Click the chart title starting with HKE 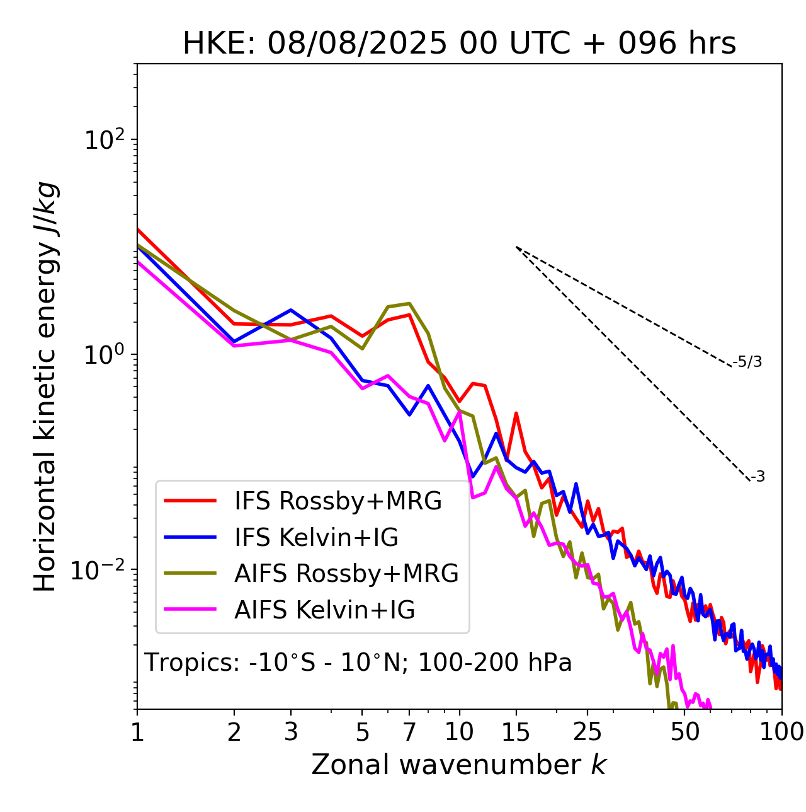(459, 43)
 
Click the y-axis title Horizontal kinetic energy (46, 386)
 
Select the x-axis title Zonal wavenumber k (458, 764)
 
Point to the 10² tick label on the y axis (102, 139)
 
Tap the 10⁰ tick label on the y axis (102, 354)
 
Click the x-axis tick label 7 (409, 731)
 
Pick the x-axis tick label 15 (516, 731)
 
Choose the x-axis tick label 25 (587, 731)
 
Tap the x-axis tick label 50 (684, 731)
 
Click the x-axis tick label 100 (781, 731)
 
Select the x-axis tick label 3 (291, 731)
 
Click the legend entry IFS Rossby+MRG (338, 501)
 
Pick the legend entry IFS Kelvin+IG (316, 537)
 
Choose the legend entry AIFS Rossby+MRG (346, 574)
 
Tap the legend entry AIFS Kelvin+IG (324, 610)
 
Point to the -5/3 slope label (747, 362)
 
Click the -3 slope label (758, 477)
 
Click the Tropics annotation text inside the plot (358, 663)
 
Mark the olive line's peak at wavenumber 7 (410, 303)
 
